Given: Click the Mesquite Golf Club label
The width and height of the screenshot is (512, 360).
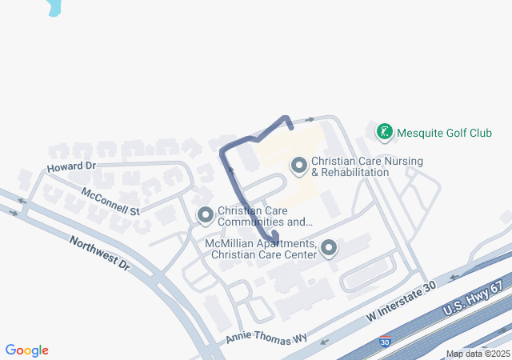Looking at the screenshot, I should [x=444, y=133].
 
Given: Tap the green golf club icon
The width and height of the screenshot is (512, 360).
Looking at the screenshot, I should [x=385, y=132].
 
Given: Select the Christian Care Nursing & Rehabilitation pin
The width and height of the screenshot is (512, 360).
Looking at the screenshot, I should [x=299, y=166].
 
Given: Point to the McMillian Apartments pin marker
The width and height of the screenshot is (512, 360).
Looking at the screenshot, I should [x=329, y=250].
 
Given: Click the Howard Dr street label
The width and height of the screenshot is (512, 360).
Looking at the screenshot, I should [x=71, y=167].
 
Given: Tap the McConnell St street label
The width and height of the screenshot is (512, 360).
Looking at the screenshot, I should [x=110, y=201].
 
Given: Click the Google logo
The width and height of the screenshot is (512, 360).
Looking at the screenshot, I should [x=27, y=350].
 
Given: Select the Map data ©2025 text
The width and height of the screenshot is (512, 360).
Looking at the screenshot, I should [x=477, y=354].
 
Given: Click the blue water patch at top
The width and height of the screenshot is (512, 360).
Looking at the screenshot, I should [x=54, y=7].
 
